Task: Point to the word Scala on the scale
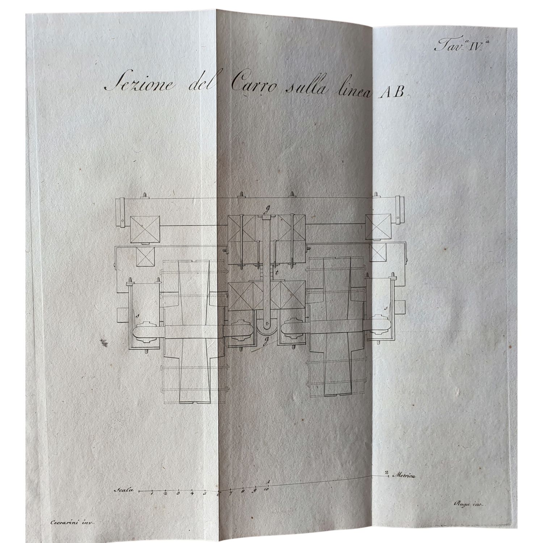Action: pos(124,491)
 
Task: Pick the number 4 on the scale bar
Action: pos(192,493)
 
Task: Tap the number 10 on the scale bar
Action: pos(266,489)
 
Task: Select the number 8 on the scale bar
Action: pos(243,491)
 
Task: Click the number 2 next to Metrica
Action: pos(387,472)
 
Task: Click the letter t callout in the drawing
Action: pos(276,272)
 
